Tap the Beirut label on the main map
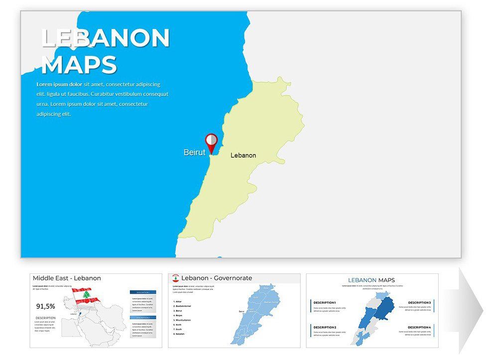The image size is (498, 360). (x=194, y=152)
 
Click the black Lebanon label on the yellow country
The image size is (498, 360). (x=243, y=155)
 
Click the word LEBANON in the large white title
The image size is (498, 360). (x=106, y=38)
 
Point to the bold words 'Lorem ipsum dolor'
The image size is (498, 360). (x=59, y=85)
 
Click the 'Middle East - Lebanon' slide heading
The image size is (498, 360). (x=67, y=278)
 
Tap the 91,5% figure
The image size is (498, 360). (x=46, y=306)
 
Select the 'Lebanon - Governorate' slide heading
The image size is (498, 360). (x=217, y=278)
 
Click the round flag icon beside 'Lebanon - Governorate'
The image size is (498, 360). (x=175, y=278)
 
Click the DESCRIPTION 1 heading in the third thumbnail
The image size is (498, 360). (x=325, y=303)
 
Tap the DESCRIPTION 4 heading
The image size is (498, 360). (x=419, y=327)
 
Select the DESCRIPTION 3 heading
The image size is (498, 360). (x=419, y=303)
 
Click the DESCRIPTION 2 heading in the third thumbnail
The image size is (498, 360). (x=325, y=327)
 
